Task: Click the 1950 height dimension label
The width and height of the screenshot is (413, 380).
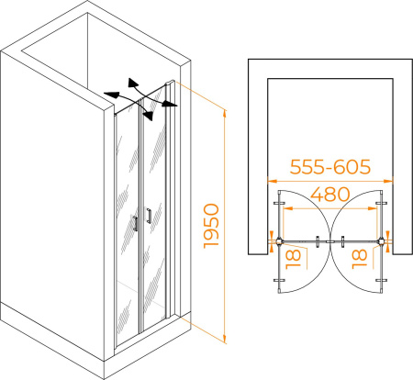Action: click(211, 226)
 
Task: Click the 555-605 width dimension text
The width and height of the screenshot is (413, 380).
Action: click(330, 167)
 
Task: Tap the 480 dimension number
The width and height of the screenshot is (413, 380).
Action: click(330, 194)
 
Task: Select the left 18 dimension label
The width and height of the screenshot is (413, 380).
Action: click(293, 259)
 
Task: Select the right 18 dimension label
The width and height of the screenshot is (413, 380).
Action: click(359, 259)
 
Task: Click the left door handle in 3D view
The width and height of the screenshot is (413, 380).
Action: click(135, 223)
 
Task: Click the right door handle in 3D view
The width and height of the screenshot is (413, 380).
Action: click(149, 216)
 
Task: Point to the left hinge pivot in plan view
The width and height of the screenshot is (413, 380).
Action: click(279, 241)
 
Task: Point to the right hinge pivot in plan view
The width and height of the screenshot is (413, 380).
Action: click(381, 241)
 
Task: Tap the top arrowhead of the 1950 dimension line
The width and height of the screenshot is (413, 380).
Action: click(225, 113)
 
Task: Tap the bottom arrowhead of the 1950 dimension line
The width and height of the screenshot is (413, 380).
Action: click(225, 339)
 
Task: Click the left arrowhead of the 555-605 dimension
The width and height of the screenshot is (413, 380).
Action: click(272, 181)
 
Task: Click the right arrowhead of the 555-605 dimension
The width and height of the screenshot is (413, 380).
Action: click(388, 181)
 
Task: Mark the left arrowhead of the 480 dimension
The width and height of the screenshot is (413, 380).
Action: click(287, 208)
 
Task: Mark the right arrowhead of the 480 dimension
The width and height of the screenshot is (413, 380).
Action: click(373, 208)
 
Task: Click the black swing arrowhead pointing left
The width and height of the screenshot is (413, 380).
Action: click(111, 95)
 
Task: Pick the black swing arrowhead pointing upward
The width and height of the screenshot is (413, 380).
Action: click(132, 83)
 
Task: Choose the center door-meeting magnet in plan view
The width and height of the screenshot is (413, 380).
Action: click(330, 241)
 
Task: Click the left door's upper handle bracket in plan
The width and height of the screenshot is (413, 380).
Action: click(279, 203)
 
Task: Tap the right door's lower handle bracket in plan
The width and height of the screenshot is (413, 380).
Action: click(381, 280)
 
